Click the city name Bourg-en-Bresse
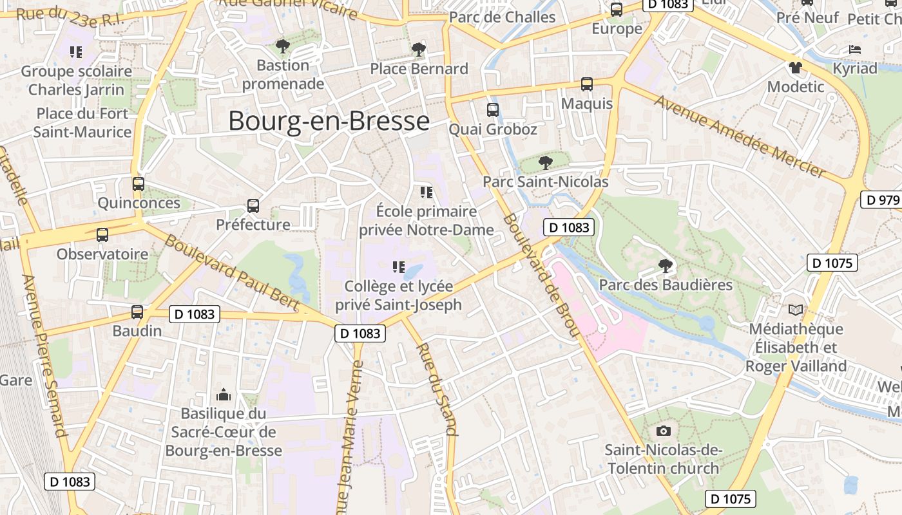tap(329, 121)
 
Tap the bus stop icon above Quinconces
tap(139, 184)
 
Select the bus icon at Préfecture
tap(253, 206)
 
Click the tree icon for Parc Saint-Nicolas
tap(546, 162)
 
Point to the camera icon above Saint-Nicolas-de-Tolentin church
tap(663, 431)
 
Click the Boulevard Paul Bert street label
tap(232, 272)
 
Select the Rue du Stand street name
tap(438, 389)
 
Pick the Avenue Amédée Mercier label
tap(741, 136)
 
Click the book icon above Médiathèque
tap(796, 310)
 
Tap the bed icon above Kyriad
tap(855, 49)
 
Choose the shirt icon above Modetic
tap(796, 67)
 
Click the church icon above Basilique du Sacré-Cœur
tap(224, 394)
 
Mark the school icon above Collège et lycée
tap(399, 267)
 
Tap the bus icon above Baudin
tap(137, 312)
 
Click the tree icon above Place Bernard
tap(419, 49)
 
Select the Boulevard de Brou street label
tap(540, 276)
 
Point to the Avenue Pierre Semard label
tap(45, 355)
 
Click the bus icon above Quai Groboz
tap(493, 110)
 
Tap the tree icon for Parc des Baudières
tap(666, 265)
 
